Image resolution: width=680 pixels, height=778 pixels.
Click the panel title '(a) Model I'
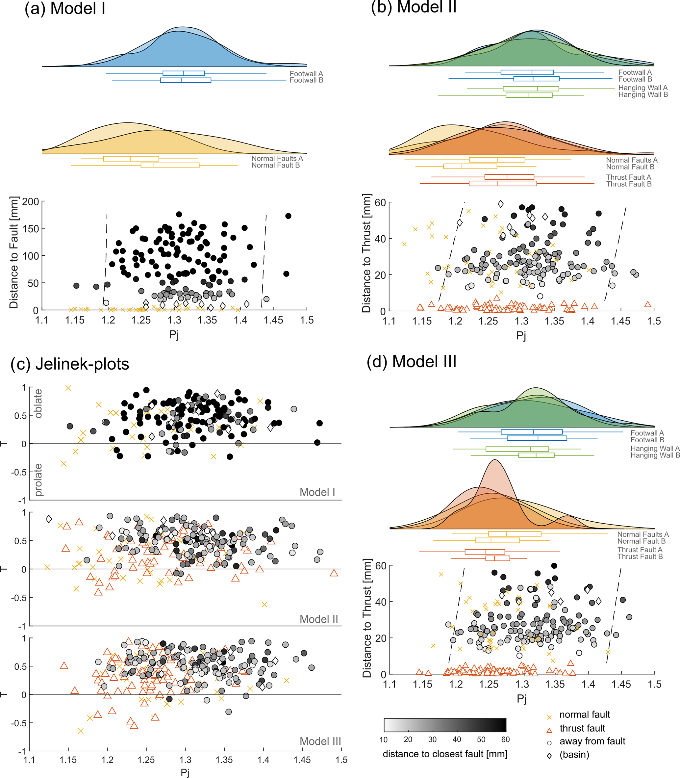(x=65, y=8)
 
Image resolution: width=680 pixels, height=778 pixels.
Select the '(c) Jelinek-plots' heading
(x=70, y=364)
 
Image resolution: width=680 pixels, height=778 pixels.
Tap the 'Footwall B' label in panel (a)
(x=306, y=80)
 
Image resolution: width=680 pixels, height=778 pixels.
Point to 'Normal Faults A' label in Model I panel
(x=277, y=158)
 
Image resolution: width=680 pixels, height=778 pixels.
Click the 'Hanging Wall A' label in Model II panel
(x=643, y=88)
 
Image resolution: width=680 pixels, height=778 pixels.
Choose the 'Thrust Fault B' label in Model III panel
(x=640, y=557)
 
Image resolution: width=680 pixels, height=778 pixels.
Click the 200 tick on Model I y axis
(x=31, y=201)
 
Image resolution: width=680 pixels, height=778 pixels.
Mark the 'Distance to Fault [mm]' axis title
(x=14, y=252)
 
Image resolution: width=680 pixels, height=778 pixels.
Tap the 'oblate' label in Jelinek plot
(x=38, y=403)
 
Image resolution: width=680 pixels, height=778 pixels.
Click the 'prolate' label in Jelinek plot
(x=38, y=480)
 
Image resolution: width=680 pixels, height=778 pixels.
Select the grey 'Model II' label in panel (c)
(x=318, y=619)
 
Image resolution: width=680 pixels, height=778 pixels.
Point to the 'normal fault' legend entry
(x=584, y=714)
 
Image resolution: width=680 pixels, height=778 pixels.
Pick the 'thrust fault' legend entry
(x=582, y=728)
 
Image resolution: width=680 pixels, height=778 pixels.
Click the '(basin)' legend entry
(x=574, y=755)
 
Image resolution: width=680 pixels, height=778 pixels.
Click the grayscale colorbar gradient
(x=445, y=725)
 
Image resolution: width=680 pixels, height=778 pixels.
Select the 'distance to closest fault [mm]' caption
(x=445, y=754)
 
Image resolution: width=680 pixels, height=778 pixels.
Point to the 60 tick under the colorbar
(x=505, y=739)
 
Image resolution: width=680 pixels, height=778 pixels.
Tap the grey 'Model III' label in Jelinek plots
(x=320, y=741)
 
